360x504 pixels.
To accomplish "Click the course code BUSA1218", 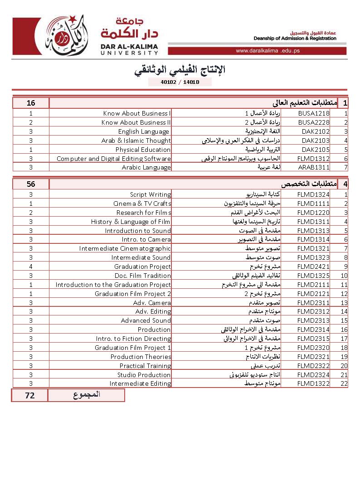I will pos(314,113).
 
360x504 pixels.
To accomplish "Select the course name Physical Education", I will pos(143,150).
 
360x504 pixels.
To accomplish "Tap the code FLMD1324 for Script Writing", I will pos(313,194).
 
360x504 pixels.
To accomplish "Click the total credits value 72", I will pos(30,395).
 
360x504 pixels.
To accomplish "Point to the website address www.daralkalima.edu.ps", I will pos(268,51).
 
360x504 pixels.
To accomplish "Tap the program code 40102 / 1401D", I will pos(180,82).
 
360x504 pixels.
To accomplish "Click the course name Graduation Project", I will pos(142,267).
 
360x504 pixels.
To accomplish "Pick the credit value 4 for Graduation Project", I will pos(31,267).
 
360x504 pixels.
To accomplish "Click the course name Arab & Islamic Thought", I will pos(136,141).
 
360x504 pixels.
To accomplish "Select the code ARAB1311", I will pos(314,167).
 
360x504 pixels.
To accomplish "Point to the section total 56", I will pos(31,184).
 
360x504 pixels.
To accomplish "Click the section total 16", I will pos(31,103).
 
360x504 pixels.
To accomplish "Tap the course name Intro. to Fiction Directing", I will pos(133,339).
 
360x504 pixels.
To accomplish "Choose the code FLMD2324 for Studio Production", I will pos(313,375).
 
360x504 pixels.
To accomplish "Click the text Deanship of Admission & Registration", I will pos(295,39).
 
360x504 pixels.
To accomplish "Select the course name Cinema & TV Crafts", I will pos(142,204).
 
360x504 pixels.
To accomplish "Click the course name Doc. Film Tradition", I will pos(142,276).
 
